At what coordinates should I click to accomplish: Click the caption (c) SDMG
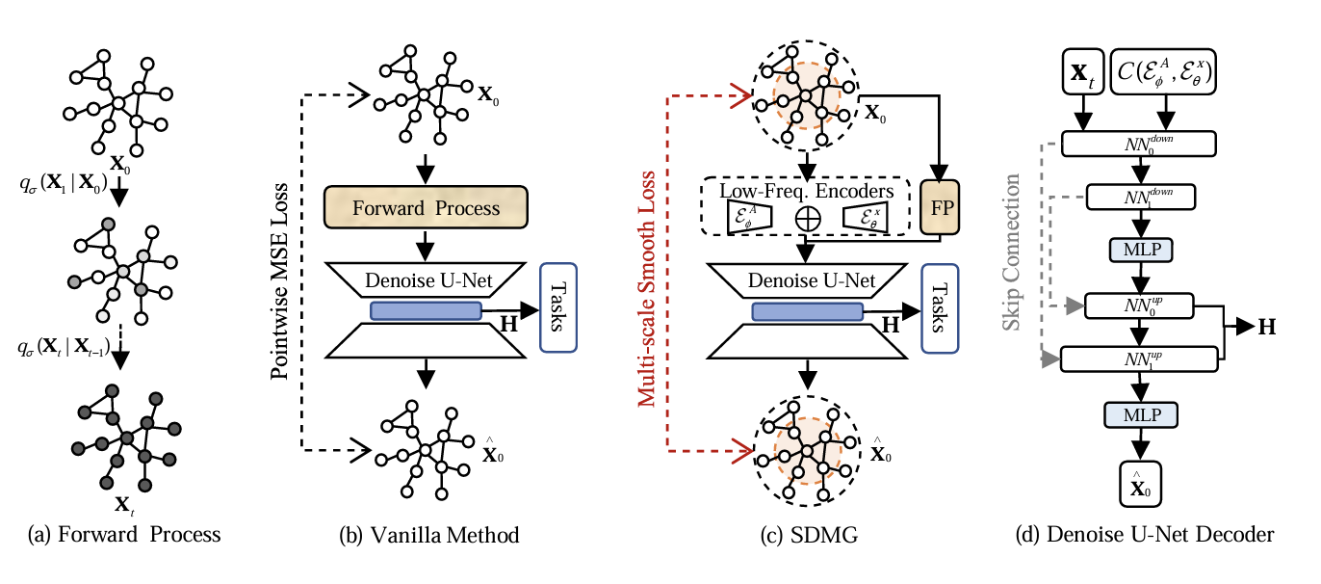(809, 534)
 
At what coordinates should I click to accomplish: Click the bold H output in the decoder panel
(1267, 327)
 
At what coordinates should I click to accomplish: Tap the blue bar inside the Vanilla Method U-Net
(425, 309)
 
